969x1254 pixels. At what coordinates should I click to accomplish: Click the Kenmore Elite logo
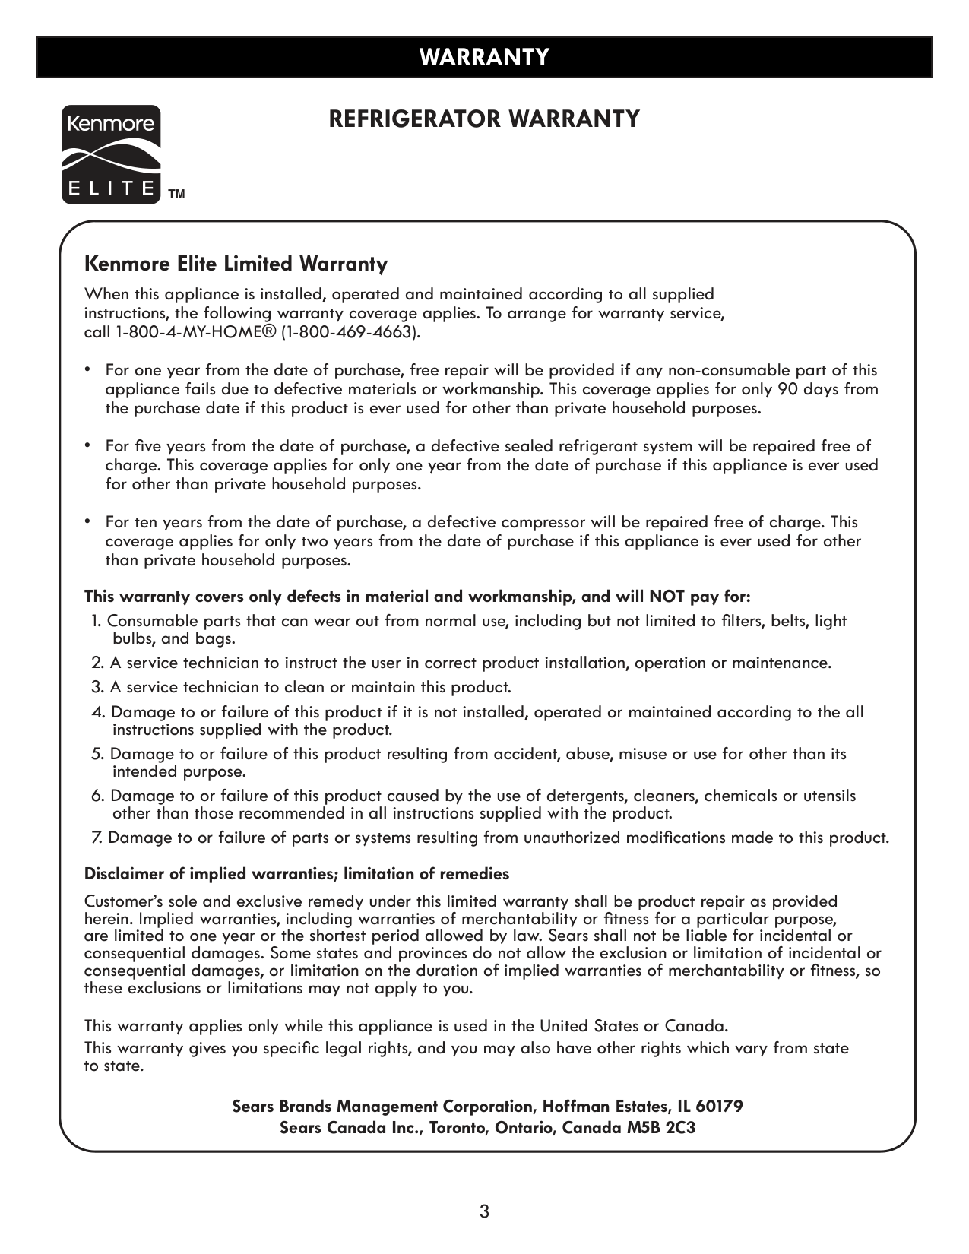(110, 155)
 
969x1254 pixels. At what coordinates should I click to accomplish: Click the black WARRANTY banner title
(484, 58)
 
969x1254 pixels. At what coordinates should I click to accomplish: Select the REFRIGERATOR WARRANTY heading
(484, 119)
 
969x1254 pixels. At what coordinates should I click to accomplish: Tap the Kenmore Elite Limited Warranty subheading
(236, 264)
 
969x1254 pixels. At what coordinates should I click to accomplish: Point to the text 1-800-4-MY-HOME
(195, 332)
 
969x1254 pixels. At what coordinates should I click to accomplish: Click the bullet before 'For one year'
(88, 369)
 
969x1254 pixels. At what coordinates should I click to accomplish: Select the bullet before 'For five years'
(88, 445)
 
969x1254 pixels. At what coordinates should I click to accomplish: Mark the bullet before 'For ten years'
(88, 521)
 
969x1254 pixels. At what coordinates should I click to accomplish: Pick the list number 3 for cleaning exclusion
(97, 688)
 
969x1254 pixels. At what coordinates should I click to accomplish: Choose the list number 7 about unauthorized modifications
(97, 838)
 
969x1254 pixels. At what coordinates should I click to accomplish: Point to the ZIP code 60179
(719, 1107)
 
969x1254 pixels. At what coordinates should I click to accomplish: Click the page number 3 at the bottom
(484, 1211)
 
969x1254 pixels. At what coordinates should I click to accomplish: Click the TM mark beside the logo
(176, 195)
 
